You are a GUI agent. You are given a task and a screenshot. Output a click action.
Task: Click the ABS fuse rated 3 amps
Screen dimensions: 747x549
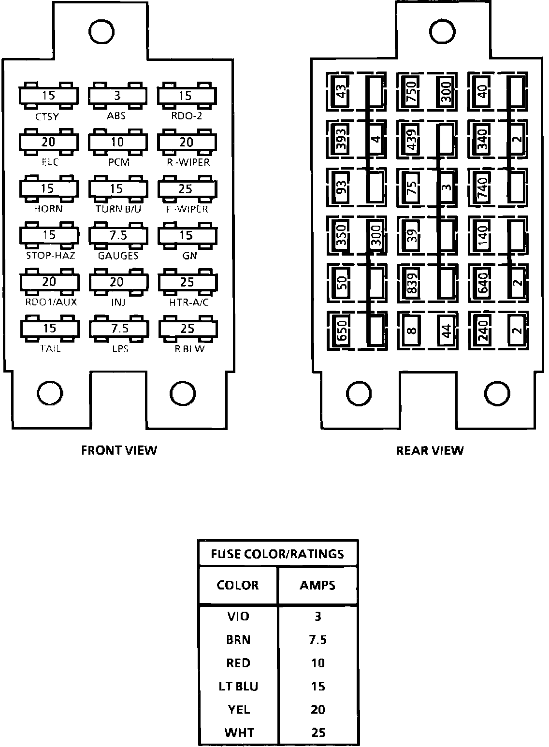point(117,96)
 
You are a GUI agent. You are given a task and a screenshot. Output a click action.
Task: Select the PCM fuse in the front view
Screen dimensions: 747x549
point(117,142)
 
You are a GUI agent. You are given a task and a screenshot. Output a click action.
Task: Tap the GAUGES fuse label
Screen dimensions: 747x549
point(118,256)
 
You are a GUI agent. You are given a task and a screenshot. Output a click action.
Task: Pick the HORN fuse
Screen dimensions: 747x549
point(48,188)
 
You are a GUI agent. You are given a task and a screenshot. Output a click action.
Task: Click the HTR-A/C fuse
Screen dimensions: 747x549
point(187,282)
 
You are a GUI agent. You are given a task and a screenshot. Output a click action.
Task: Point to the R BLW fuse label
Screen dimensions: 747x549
point(189,348)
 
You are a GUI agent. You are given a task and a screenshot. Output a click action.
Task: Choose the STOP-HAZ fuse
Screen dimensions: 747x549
point(48,235)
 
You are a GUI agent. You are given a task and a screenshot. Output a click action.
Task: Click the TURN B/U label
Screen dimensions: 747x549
point(118,209)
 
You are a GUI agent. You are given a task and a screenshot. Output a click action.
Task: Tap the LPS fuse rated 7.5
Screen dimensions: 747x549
point(118,329)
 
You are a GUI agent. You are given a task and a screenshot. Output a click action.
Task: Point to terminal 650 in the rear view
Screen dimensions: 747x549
point(342,330)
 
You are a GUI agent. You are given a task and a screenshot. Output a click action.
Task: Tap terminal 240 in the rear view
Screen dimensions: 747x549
point(482,330)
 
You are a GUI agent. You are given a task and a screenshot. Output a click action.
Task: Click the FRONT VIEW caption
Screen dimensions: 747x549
point(119,450)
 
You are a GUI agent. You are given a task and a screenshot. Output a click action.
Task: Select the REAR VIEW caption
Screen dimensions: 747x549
point(430,451)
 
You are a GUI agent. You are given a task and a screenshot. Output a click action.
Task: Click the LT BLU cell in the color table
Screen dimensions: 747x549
point(238,687)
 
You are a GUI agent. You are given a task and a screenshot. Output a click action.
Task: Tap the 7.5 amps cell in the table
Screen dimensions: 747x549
point(318,640)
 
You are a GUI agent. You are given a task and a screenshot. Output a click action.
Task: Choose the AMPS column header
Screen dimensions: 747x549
point(317,585)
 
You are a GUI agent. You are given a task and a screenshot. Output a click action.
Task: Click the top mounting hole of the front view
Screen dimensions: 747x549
point(101,31)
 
